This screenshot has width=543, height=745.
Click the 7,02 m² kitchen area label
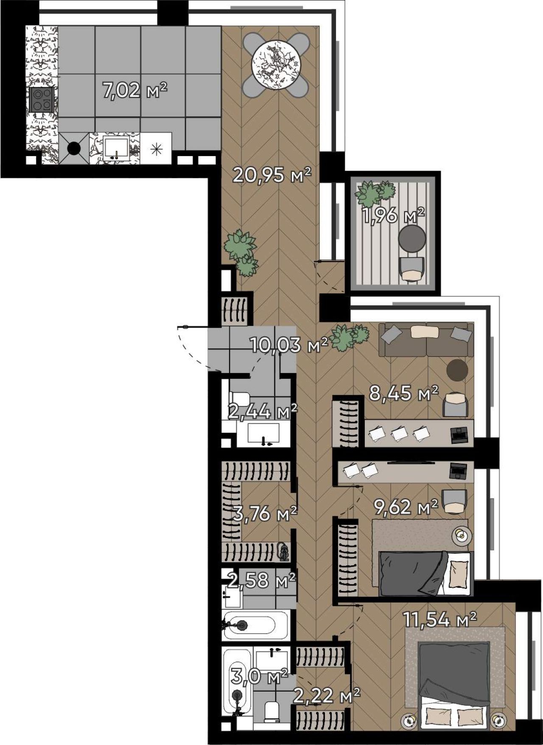(135, 90)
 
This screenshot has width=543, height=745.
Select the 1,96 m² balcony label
(393, 216)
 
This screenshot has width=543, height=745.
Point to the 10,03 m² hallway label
(289, 345)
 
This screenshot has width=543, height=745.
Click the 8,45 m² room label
(403, 394)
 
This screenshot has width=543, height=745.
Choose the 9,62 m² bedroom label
(406, 507)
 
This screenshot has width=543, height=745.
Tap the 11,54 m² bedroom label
(440, 619)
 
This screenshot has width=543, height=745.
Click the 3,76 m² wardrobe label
(265, 514)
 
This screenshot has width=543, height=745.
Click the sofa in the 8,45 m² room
(426, 340)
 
